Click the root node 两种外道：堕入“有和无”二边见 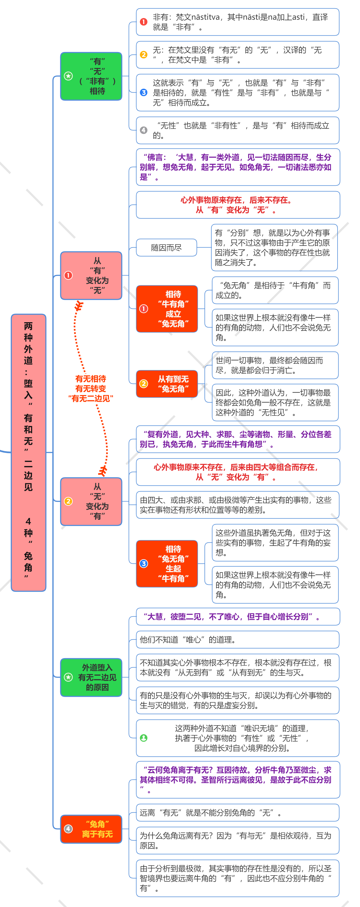(28, 453)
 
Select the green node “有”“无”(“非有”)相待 (91, 76)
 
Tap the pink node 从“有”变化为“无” (91, 276)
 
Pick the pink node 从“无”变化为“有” (91, 501)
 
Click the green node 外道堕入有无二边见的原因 (91, 677)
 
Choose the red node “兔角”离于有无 (91, 829)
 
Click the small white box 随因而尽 (167, 247)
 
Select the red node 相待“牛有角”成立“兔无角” (167, 309)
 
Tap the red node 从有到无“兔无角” (167, 384)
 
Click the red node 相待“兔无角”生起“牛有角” (167, 564)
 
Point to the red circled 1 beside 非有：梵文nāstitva (144, 22)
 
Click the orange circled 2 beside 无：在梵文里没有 (144, 54)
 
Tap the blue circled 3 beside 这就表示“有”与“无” (144, 92)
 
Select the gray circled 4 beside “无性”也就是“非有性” (144, 130)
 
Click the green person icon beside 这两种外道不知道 (144, 738)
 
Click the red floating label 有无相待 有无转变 (91, 389)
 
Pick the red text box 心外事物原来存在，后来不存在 (238, 205)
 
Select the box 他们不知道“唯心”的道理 (238, 640)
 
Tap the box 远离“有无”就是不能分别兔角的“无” (238, 813)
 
